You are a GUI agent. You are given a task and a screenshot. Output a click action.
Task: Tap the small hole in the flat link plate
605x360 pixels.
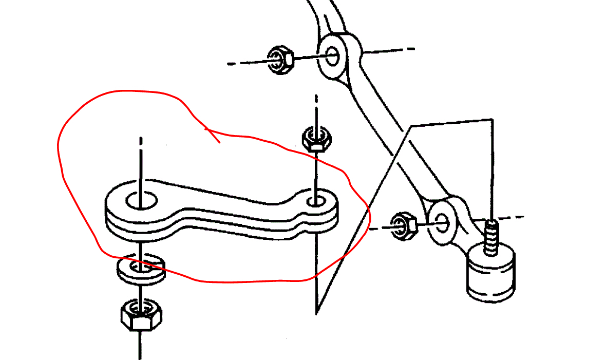point(315,201)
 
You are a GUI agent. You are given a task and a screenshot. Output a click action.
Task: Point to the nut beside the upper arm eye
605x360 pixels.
point(280,60)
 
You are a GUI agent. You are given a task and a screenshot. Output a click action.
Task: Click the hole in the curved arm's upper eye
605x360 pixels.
point(332,56)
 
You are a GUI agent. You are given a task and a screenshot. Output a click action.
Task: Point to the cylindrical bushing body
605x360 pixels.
point(491,275)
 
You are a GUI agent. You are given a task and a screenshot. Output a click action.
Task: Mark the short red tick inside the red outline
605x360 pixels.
point(213,135)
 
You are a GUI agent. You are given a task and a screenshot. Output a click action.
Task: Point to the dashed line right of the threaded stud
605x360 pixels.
point(515,217)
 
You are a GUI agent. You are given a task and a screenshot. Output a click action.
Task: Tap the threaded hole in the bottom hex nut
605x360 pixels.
point(139,308)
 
